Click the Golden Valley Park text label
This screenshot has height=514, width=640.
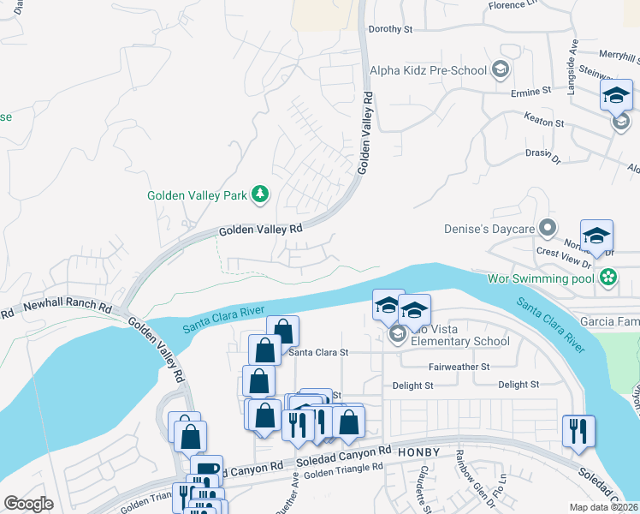pos(197,195)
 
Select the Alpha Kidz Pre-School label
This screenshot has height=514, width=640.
pos(427,70)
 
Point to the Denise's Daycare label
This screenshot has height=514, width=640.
pos(489,229)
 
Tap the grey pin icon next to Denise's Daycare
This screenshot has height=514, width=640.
pos(548,229)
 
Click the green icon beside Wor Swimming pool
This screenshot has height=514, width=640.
pos(608,278)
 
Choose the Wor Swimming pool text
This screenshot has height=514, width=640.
pos(542,278)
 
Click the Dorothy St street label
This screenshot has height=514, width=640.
pos(390,29)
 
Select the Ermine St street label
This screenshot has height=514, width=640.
pos(530,91)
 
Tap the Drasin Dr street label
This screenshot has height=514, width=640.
pos(541,158)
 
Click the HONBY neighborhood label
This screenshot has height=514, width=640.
pos(422,451)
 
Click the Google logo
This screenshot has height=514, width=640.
pos(29,504)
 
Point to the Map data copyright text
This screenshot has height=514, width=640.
pos(604,507)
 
